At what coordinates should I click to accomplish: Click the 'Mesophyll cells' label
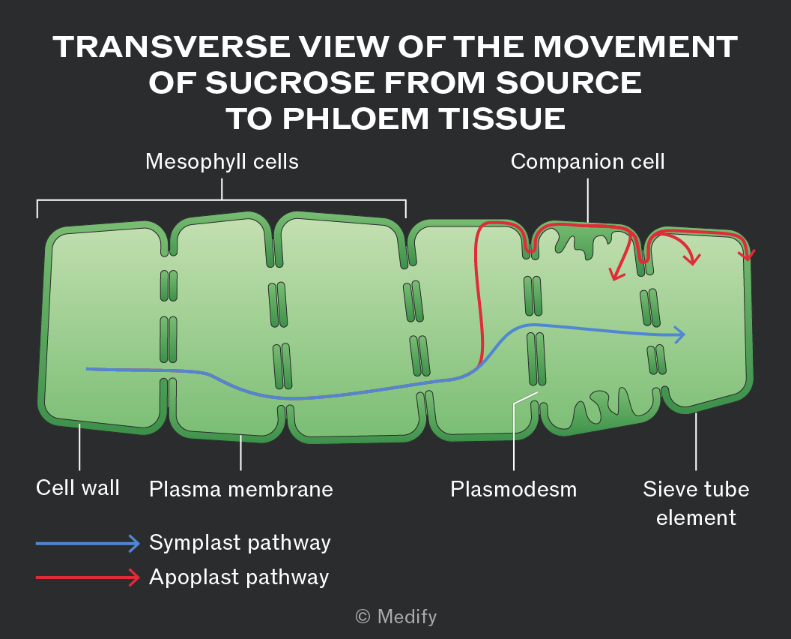222,162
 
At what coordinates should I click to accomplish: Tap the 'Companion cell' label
588,162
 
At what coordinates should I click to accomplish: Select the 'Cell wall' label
78,488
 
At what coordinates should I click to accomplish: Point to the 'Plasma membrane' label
241,489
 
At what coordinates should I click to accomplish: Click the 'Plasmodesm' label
514,489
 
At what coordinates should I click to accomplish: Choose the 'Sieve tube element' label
696,503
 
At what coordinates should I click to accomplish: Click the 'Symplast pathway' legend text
240,543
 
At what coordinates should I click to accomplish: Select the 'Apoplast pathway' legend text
239,577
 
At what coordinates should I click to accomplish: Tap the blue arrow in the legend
88,544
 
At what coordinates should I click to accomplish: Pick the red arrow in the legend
88,577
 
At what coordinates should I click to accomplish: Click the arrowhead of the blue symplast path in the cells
680,334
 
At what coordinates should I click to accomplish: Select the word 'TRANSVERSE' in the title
172,46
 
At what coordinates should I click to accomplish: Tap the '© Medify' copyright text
396,616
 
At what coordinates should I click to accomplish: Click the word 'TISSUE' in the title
502,119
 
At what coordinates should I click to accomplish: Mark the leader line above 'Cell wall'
79,447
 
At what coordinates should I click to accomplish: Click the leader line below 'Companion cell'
588,200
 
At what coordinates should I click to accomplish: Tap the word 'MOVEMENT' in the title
636,46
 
